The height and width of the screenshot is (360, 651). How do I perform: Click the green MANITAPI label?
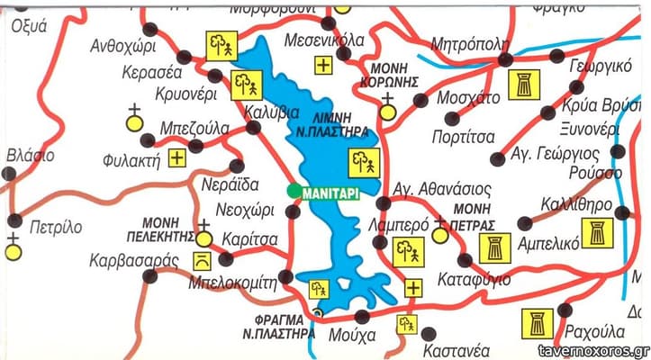coord(330,191)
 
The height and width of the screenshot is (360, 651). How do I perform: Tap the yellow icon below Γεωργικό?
coord(521,85)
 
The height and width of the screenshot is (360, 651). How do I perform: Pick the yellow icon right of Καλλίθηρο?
coord(596,232)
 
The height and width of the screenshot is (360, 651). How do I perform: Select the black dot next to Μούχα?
coord(362,316)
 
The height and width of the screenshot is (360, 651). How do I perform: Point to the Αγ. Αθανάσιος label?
coord(444,190)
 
